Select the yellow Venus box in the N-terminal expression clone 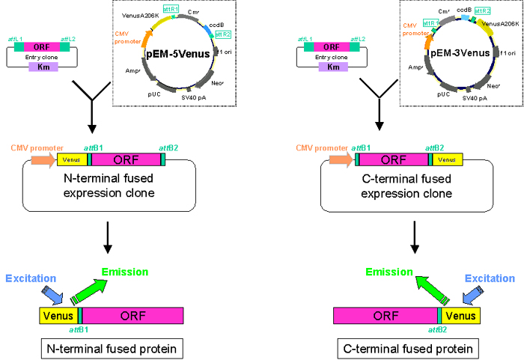[72, 159]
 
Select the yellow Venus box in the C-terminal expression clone [447, 159]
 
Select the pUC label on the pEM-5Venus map [154, 95]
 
